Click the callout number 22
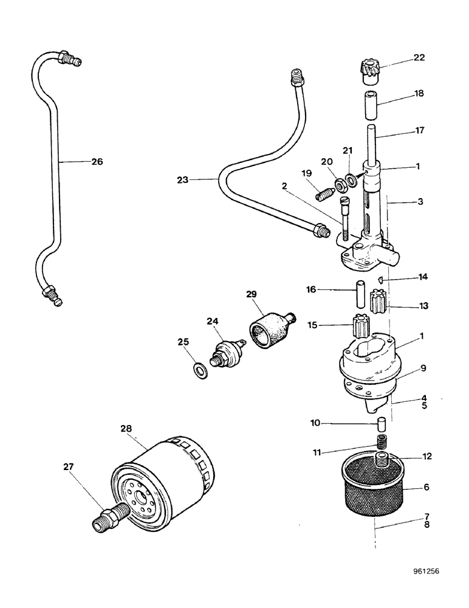pyautogui.click(x=419, y=58)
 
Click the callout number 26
pyautogui.click(x=97, y=162)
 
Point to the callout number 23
pyautogui.click(x=183, y=179)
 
